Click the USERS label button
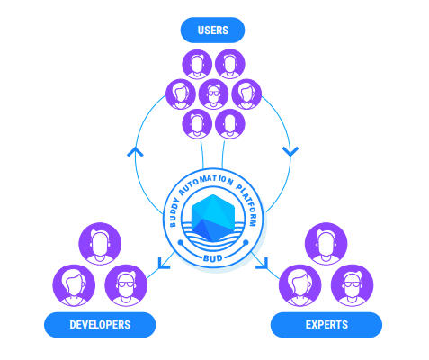(x=212, y=31)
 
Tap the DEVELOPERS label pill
(x=100, y=325)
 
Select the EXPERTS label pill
(x=326, y=325)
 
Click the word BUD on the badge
(x=213, y=257)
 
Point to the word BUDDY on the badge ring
(x=174, y=211)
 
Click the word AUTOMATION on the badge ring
(x=207, y=183)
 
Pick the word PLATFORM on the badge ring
(x=248, y=204)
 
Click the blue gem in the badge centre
(x=213, y=218)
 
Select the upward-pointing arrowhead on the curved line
(x=135, y=151)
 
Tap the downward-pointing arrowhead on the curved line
(x=290, y=151)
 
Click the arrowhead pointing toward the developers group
(x=164, y=263)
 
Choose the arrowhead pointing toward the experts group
(x=262, y=263)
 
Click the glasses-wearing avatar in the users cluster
(x=213, y=94)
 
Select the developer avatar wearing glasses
(x=126, y=285)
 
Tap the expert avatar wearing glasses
(x=353, y=285)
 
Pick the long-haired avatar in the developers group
(x=74, y=285)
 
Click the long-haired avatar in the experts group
(x=300, y=285)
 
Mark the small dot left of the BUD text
(x=180, y=242)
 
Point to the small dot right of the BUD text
(x=246, y=242)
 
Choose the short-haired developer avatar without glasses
(x=100, y=244)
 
